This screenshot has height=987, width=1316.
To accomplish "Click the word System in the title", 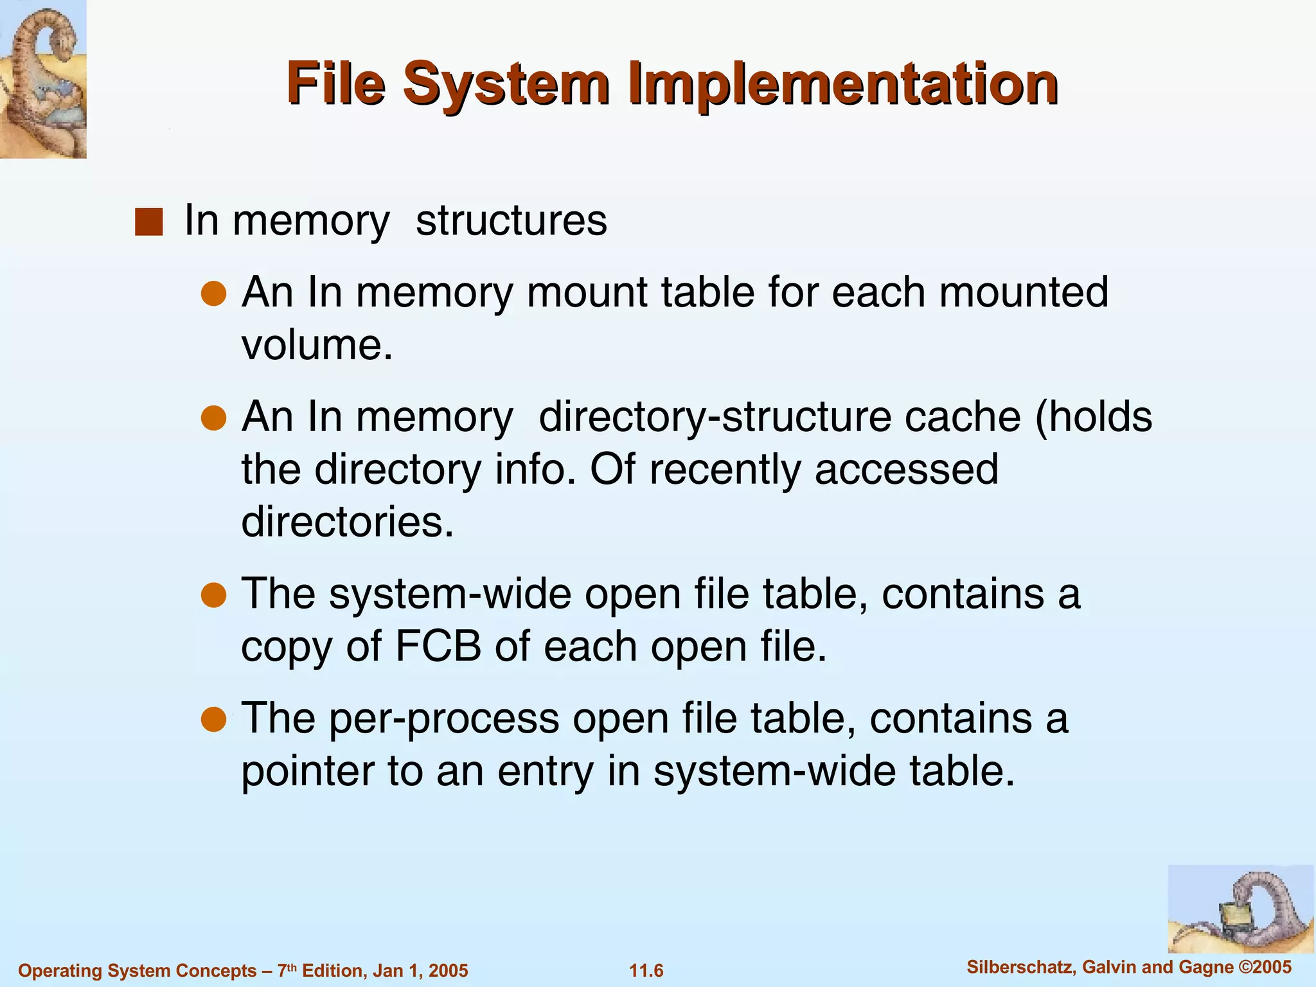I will click(504, 84).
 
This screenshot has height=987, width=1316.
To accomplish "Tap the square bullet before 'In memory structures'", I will click(148, 222).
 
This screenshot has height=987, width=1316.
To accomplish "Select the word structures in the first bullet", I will click(511, 220).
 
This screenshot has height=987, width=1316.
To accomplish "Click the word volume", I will click(316, 346).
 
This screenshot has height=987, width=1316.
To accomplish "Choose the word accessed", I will click(907, 470).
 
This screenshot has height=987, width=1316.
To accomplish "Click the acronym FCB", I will click(438, 646).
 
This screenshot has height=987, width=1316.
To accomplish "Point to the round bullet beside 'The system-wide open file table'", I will click(213, 595).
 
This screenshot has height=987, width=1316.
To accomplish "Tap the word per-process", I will click(444, 719).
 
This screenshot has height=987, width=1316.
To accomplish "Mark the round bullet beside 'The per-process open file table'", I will click(213, 720).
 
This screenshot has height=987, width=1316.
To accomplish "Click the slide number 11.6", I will click(646, 970).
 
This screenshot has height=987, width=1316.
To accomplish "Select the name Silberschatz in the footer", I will click(1022, 967).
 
